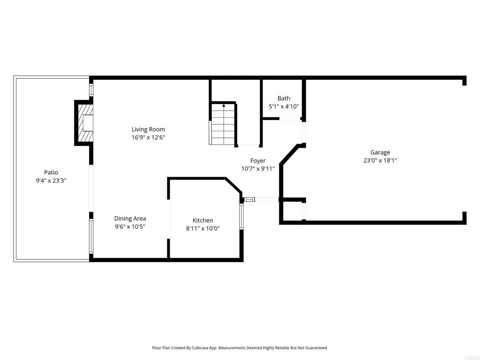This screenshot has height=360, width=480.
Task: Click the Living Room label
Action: pyautogui.click(x=148, y=129)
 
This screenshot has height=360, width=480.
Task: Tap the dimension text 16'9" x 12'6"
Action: pyautogui.click(x=148, y=137)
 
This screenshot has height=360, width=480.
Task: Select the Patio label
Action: pyautogui.click(x=51, y=172)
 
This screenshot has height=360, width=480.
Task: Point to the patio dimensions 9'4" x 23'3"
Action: pyautogui.click(x=51, y=180)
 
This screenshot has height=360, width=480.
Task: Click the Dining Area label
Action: pyautogui.click(x=130, y=218)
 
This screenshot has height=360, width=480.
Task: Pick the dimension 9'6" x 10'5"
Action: pyautogui.click(x=130, y=227)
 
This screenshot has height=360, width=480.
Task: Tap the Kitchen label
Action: pyautogui.click(x=202, y=220)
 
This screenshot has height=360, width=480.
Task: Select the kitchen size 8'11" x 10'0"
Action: pyautogui.click(x=202, y=229)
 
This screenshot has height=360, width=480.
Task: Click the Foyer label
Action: pyautogui.click(x=258, y=161)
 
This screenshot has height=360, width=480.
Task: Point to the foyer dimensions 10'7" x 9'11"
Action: pyautogui.click(x=258, y=169)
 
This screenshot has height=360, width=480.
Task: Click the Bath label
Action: pyautogui.click(x=284, y=98)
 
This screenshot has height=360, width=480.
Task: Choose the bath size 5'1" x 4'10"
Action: pyautogui.click(x=284, y=106)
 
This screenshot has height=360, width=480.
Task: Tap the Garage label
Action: pyautogui.click(x=380, y=152)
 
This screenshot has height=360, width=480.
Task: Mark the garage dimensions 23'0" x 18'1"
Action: pyautogui.click(x=380, y=160)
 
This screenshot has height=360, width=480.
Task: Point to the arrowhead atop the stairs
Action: pyautogui.click(x=224, y=105)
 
